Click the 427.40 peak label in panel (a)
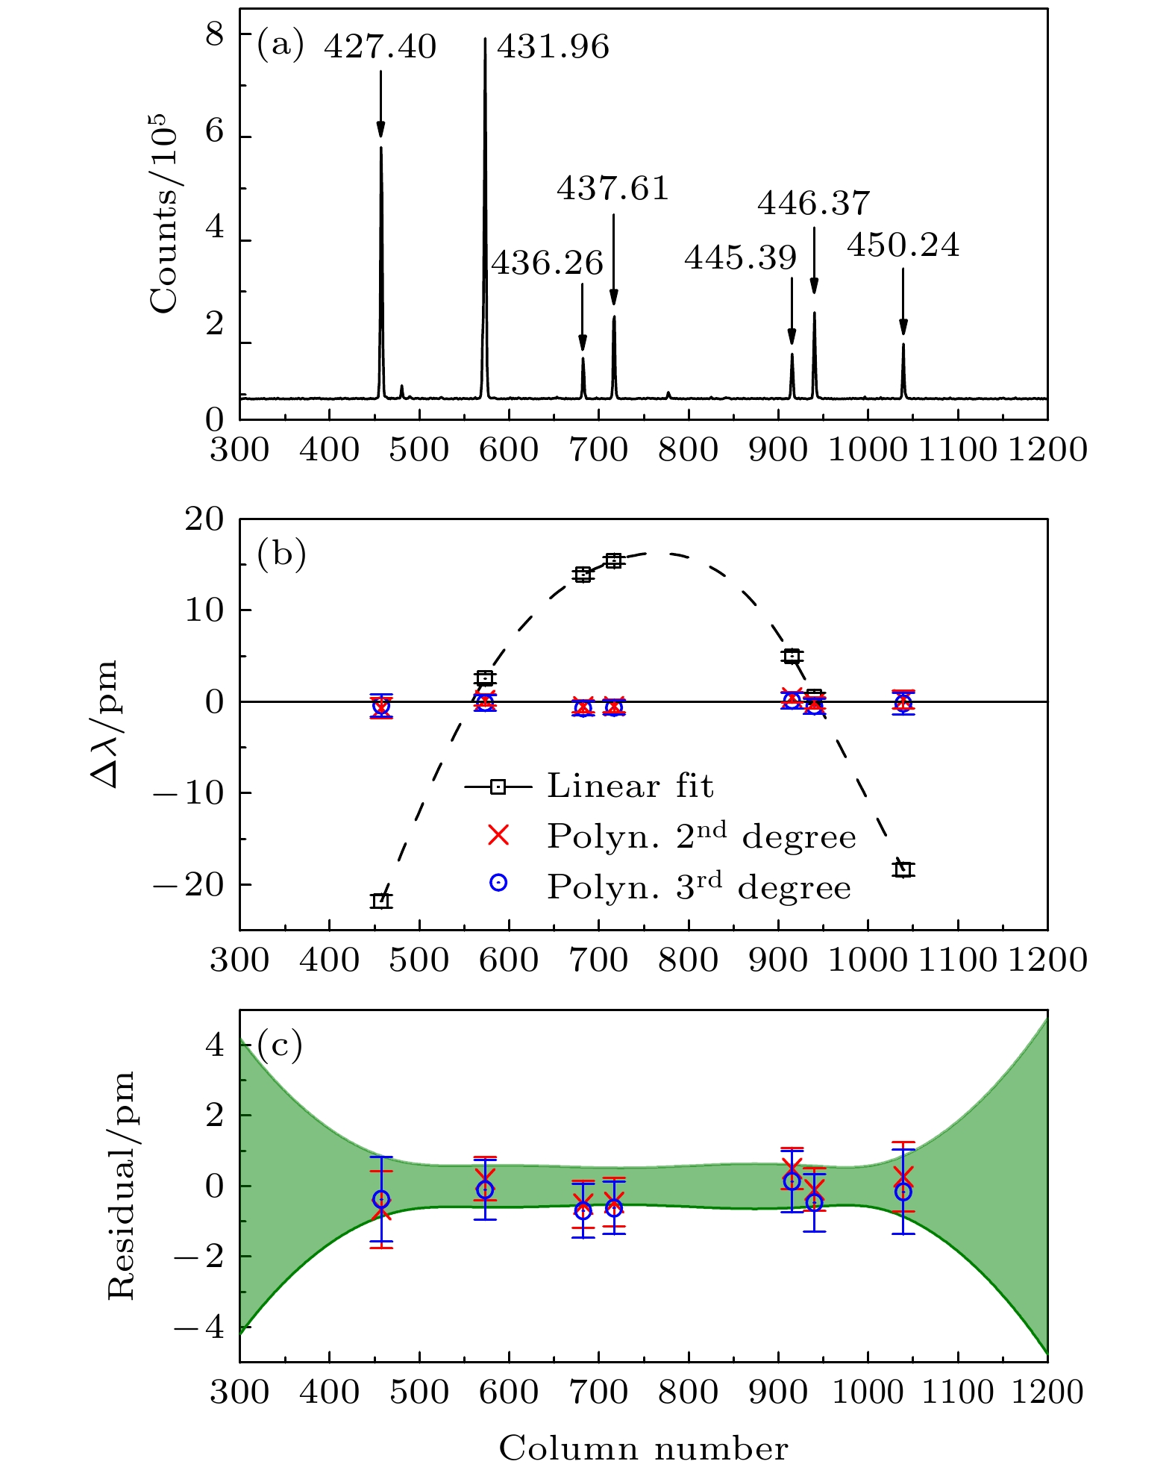pos(380,47)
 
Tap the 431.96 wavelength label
pos(553,47)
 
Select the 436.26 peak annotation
pos(547,263)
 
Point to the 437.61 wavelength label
pos(612,188)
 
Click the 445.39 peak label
pos(741,258)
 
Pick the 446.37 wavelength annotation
pos(814,203)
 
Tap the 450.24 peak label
pos(903,246)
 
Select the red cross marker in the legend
pos(498,836)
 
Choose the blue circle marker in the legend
pos(498,883)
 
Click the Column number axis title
pos(643,1448)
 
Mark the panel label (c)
pos(280,1045)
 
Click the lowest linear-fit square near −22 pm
pos(381,901)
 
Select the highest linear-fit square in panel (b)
pos(613,560)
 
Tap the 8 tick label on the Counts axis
pos(215,34)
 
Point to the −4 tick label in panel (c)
pos(198,1327)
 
